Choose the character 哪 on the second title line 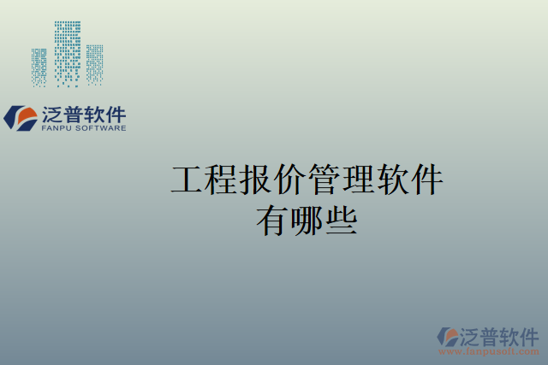click(x=307, y=221)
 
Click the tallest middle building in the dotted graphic click(x=67, y=53)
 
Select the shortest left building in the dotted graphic click(x=39, y=68)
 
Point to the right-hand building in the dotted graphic click(x=94, y=65)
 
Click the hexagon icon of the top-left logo click(x=19, y=118)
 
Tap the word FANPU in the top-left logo click(x=57, y=128)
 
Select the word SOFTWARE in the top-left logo click(x=101, y=128)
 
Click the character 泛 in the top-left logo click(x=51, y=115)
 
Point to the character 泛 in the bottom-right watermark click(x=472, y=335)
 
